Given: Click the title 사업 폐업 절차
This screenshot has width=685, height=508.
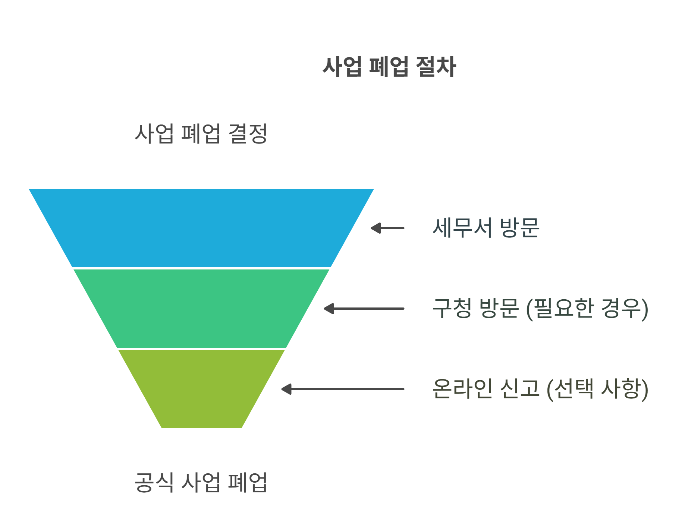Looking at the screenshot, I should point(389,67).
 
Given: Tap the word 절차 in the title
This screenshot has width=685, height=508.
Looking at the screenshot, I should point(436,67).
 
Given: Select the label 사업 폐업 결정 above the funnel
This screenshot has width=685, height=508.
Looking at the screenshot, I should point(201,133).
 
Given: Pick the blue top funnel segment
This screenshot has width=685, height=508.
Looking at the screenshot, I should point(201,228).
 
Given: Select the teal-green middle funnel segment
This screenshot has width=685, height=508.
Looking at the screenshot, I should point(201,308).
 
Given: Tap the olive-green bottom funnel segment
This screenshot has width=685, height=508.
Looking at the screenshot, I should point(201,389).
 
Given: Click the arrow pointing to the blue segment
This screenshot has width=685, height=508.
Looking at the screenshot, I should point(388,228).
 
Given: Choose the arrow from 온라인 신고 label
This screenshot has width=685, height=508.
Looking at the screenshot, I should point(343,389).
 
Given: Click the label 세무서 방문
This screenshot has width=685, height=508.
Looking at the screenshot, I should point(486,228).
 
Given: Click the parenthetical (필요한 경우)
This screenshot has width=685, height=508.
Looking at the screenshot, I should point(587,309).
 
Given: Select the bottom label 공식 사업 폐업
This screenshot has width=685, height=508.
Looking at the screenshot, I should point(201,482).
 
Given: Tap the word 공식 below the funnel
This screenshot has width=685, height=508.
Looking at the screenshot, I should point(154,482).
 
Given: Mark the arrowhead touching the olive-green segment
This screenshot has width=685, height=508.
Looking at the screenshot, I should point(286,389).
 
